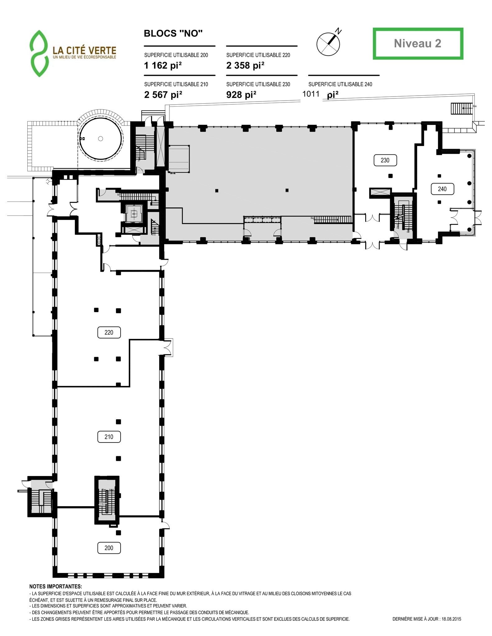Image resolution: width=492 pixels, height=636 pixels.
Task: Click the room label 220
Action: (x=109, y=332)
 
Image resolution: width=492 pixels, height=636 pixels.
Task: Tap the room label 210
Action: (x=109, y=437)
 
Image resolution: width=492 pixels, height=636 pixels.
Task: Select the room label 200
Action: (x=109, y=548)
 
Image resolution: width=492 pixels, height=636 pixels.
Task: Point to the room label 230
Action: (x=385, y=160)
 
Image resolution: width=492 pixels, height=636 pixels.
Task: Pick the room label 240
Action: (x=442, y=189)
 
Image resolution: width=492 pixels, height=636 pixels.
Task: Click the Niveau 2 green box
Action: (x=418, y=43)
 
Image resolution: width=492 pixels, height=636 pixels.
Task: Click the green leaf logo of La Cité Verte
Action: (x=39, y=53)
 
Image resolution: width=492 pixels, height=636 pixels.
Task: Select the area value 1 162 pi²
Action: (x=163, y=66)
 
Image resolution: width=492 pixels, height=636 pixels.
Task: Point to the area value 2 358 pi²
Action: (x=245, y=66)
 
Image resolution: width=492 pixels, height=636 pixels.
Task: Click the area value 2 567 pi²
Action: (x=163, y=95)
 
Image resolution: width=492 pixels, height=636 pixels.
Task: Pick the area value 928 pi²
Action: (x=241, y=95)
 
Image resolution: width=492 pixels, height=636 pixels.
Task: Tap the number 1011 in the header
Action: (x=311, y=94)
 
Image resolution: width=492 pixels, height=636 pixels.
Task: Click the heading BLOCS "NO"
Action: (x=173, y=34)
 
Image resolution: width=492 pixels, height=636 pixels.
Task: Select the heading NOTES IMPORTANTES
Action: (x=56, y=587)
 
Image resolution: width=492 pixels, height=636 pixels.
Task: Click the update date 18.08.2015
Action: (x=451, y=619)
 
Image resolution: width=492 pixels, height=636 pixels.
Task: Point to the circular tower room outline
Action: (x=100, y=139)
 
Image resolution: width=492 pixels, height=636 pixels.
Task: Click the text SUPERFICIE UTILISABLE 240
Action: (x=340, y=84)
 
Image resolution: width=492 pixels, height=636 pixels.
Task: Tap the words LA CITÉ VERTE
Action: (x=84, y=50)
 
